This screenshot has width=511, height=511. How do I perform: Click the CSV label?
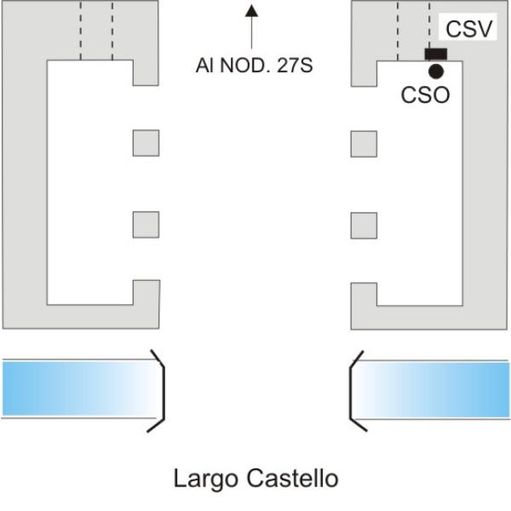point(468,29)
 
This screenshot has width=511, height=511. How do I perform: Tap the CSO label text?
point(425,95)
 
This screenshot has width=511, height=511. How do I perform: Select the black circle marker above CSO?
point(436,72)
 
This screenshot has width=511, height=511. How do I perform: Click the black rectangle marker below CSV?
point(436,55)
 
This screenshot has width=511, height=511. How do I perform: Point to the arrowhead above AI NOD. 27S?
point(251,10)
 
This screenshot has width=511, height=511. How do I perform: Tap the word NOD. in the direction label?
point(246,66)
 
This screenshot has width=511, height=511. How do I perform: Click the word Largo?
point(205,479)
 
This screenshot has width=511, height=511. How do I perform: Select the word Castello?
point(292,479)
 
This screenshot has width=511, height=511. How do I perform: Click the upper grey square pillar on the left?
point(146,143)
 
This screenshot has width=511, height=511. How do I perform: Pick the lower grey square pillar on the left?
point(146,225)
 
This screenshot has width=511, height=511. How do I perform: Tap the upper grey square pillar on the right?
point(364,144)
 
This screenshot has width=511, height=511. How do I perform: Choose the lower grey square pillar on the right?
point(364,226)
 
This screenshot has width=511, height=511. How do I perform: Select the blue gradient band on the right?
point(432,389)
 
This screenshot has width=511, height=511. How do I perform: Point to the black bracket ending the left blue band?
point(164,391)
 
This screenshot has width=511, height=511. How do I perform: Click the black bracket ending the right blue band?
point(351,391)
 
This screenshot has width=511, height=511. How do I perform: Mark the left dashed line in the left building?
point(81,31)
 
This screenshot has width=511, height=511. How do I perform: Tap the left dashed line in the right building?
point(398,32)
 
